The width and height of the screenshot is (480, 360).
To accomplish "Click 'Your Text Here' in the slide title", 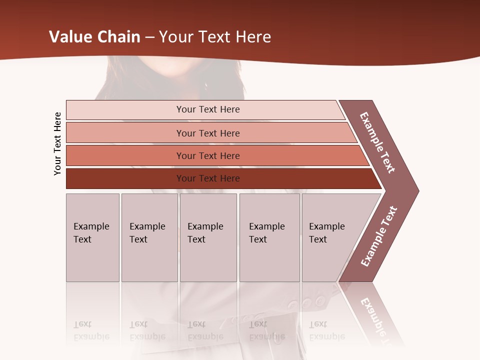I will (x=215, y=37).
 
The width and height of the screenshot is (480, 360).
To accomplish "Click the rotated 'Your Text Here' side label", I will (x=57, y=143).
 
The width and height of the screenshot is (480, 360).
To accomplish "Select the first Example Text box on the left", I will (x=92, y=237).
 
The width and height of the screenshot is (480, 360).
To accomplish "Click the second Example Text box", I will (x=149, y=237).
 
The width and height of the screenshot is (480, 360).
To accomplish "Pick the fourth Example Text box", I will (x=269, y=237).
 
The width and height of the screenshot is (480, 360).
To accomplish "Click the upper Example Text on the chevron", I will (x=377, y=142).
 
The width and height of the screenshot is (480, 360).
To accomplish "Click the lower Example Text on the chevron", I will (x=379, y=236).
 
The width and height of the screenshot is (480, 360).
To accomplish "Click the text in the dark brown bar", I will (x=208, y=178).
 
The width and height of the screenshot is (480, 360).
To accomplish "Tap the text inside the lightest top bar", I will (x=208, y=109).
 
